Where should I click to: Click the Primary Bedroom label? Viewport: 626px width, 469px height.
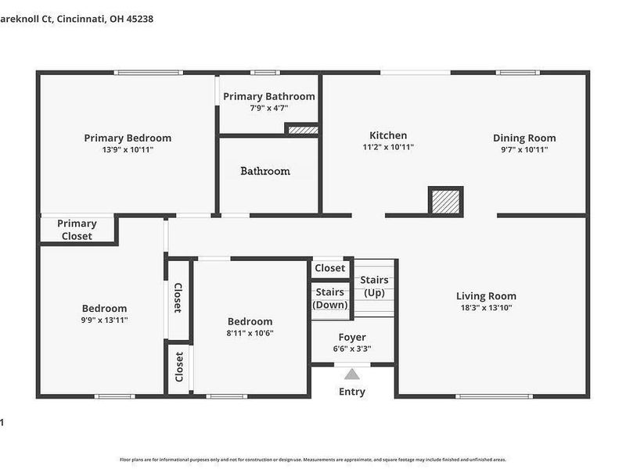(128, 138)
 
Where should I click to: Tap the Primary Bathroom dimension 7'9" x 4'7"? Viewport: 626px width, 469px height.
(268, 109)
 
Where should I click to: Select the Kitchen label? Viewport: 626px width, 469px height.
(388, 135)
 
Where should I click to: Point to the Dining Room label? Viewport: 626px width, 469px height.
(524, 138)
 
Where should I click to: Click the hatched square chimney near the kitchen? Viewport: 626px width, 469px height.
(446, 200)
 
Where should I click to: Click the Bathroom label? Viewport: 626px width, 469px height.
(265, 171)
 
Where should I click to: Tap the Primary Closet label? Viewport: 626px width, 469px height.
(77, 230)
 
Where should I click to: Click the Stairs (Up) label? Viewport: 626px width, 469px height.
(375, 286)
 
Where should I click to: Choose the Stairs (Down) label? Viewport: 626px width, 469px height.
(330, 299)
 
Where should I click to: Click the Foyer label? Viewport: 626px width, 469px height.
(352, 337)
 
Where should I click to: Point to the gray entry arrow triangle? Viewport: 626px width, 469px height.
(352, 374)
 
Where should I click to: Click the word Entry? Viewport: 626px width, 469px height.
(352, 392)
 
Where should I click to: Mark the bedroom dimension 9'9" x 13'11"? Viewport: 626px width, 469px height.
(104, 320)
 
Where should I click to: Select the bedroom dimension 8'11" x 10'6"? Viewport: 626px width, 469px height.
(250, 333)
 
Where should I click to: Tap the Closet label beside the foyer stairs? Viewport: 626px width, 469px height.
(329, 268)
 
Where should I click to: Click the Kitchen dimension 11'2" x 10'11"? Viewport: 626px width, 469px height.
(388, 147)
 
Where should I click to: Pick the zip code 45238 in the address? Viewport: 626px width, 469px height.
(138, 19)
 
